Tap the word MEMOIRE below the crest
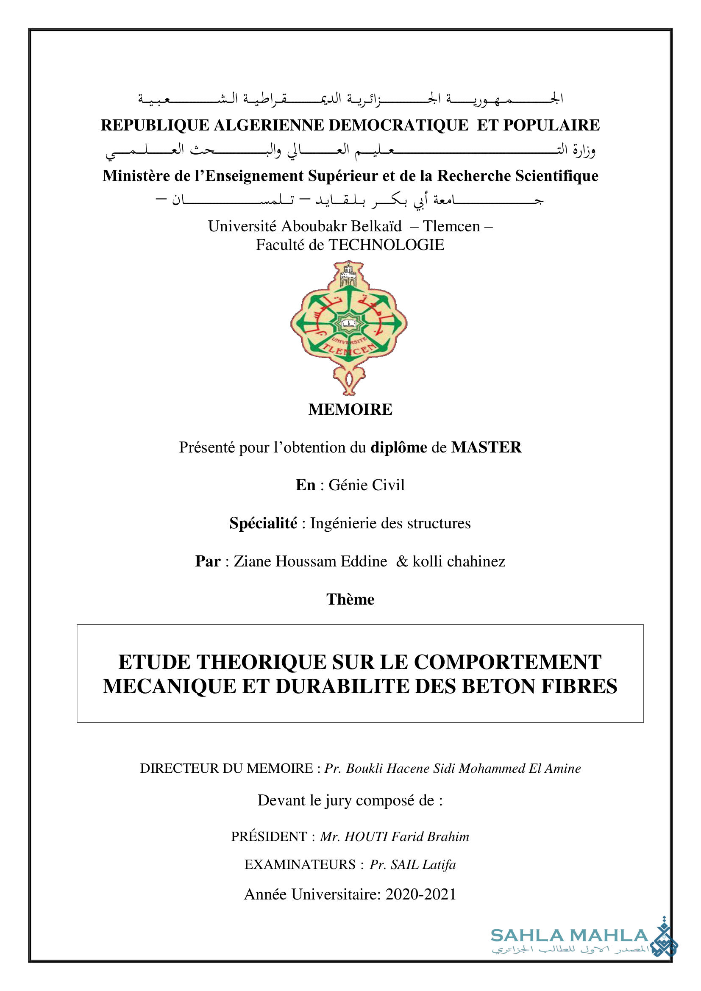click(x=350, y=409)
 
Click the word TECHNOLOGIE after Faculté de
click(x=386, y=245)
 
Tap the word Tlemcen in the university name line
click(x=451, y=226)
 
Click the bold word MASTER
click(x=486, y=447)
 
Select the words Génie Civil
click(x=367, y=485)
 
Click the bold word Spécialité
click(x=263, y=523)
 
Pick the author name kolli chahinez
click(x=459, y=561)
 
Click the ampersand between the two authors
click(x=402, y=561)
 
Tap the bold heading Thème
click(x=350, y=599)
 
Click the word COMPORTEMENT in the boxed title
click(x=508, y=662)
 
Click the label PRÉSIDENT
click(x=269, y=836)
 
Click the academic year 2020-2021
click(x=421, y=894)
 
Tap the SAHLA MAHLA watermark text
click(x=569, y=936)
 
